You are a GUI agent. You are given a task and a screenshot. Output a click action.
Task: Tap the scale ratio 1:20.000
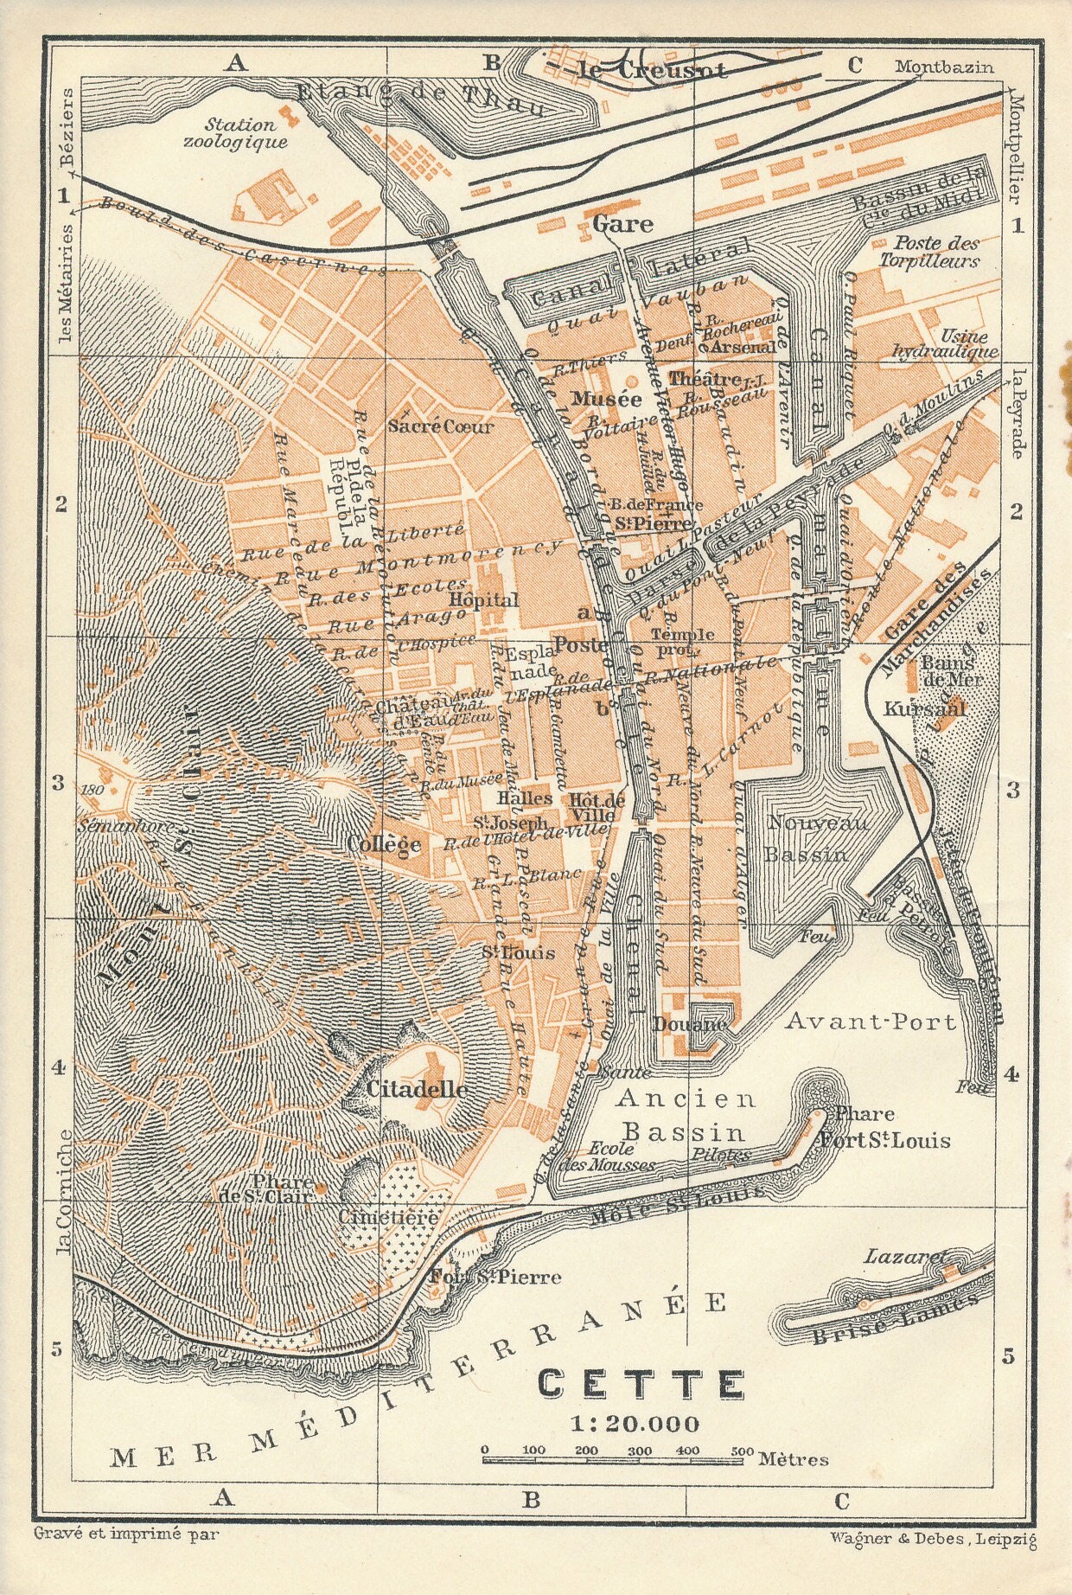[635, 1424]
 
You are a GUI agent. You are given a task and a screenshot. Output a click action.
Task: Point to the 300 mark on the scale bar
[640, 1451]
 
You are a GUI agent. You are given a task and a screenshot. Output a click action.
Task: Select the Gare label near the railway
[622, 224]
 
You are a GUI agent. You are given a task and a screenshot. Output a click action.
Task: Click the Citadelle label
[418, 1090]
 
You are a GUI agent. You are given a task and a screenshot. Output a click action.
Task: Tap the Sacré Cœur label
[441, 426]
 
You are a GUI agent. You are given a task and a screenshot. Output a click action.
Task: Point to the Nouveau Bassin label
[807, 839]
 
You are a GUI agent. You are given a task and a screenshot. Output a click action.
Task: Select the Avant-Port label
[871, 1022]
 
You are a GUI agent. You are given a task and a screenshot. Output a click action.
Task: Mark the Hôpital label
[484, 599]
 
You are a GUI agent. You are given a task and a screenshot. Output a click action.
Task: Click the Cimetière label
[388, 1216]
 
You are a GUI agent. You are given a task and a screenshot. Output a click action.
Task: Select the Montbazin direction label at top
[944, 67]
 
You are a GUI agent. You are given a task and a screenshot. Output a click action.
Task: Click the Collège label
[384, 844]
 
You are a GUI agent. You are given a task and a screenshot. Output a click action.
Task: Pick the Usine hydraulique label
[945, 343]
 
